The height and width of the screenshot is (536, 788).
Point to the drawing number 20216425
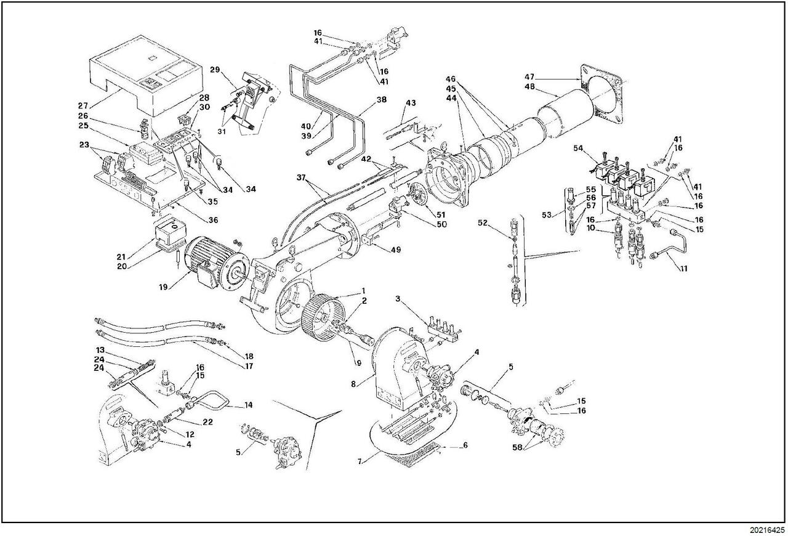pos(767,529)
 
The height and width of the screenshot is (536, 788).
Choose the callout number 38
pos(381,99)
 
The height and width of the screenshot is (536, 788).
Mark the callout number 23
pos(84,145)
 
